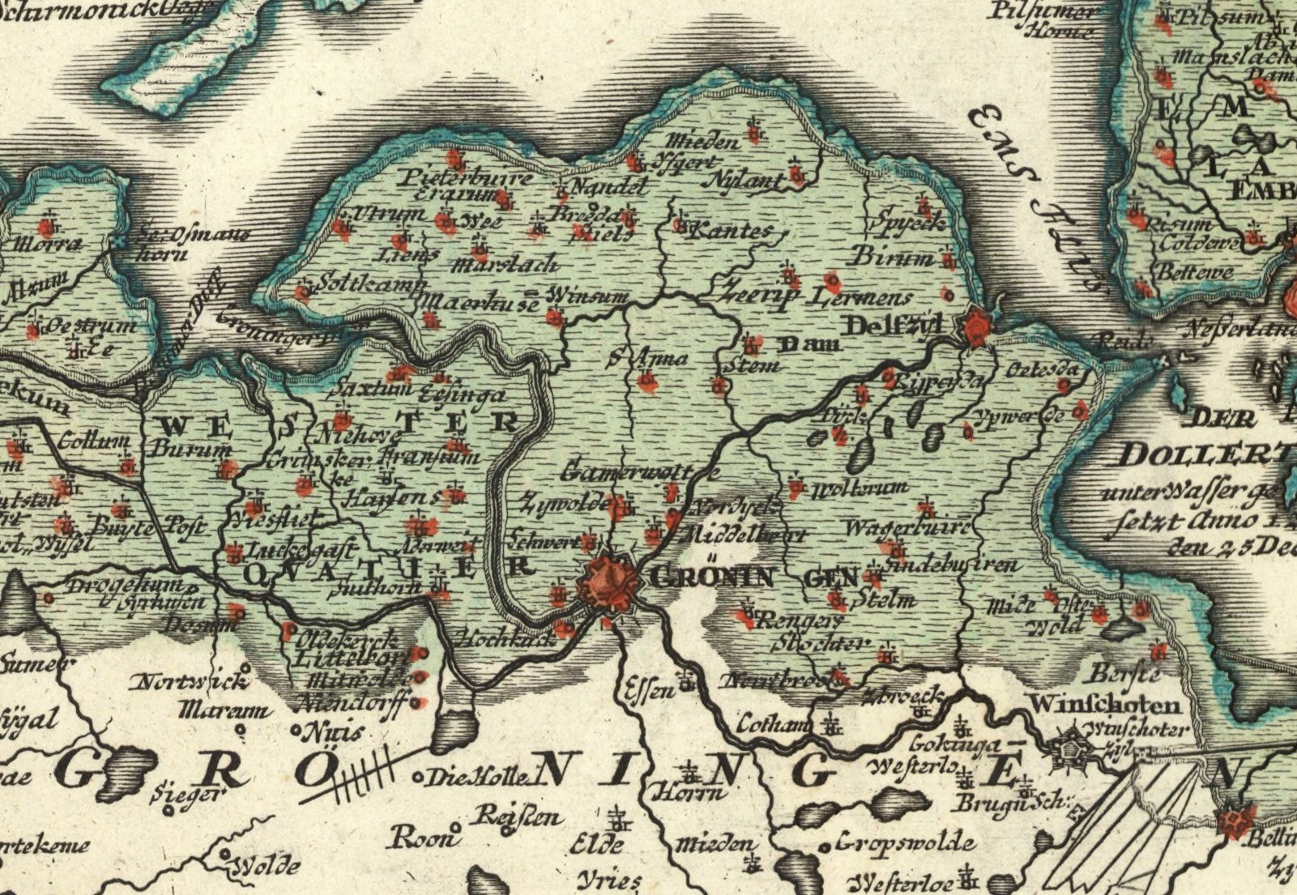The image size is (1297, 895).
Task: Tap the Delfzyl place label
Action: point(894,326)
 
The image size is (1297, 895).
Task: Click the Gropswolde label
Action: point(906,843)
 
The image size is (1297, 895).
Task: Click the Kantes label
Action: point(732,231)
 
